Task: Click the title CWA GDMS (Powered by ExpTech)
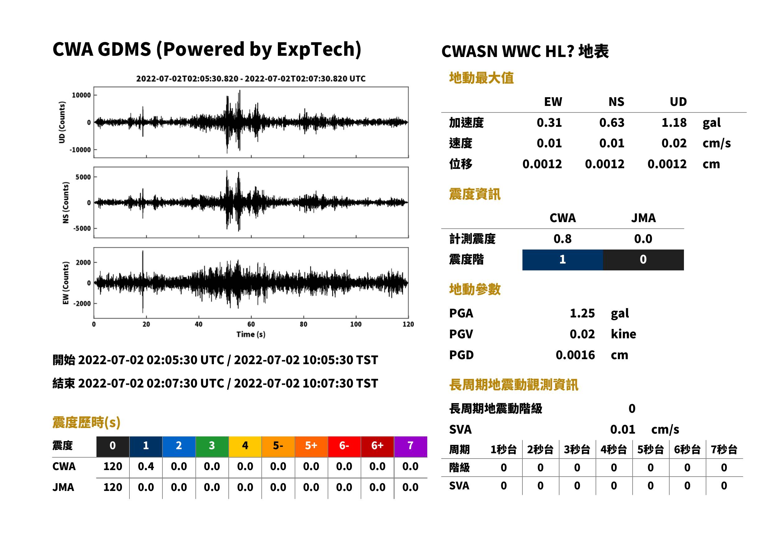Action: coord(207,50)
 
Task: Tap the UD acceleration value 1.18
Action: coord(674,123)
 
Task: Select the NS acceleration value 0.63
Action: coord(611,123)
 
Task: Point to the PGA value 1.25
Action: coord(582,313)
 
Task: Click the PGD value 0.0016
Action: coord(575,355)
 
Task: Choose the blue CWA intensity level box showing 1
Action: coord(563,260)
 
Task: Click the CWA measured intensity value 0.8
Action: coord(563,239)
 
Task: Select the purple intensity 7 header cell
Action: coord(410,446)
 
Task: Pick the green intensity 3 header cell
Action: coord(212,446)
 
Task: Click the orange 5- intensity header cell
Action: coord(278,446)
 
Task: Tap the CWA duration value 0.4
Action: coord(146,466)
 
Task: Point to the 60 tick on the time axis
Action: coord(251,324)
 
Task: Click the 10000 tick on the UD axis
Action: coord(82,95)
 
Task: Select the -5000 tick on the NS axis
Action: coord(82,228)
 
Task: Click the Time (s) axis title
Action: coord(251,335)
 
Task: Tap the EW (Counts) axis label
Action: coord(66,283)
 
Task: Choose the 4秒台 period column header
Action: coord(614,450)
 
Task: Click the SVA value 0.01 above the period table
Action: coord(623,429)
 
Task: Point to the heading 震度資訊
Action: coord(475,194)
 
